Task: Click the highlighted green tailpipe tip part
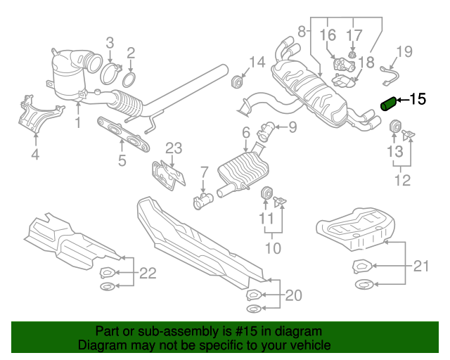pos(388,103)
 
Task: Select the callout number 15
pos(417,99)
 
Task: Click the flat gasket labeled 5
pos(125,134)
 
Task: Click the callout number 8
pos(302,32)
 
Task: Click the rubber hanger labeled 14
pos(237,84)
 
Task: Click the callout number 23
pos(173,148)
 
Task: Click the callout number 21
pos(420,265)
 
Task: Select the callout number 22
pos(147,273)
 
